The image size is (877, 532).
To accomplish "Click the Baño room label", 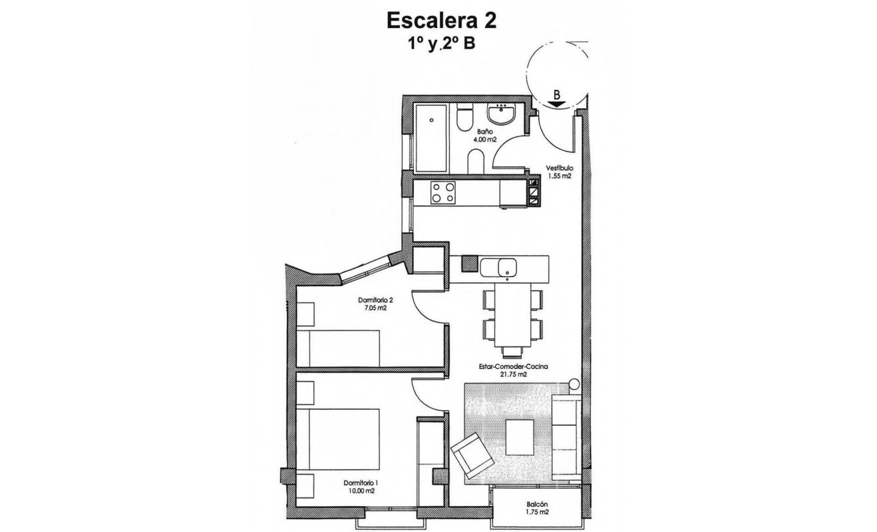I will (x=466, y=132).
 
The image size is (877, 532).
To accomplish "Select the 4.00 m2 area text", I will (x=466, y=140).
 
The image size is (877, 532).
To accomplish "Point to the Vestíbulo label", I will (x=559, y=168).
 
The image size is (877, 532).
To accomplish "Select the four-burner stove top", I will (x=443, y=194).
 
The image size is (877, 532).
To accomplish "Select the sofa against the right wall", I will (x=566, y=436).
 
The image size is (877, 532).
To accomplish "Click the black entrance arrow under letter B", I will (x=557, y=104).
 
